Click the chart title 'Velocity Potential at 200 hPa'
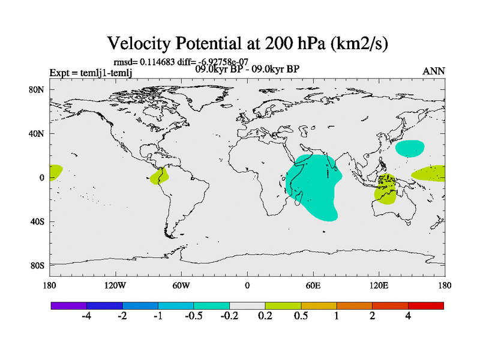tap(248, 43)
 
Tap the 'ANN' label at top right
tap(434, 71)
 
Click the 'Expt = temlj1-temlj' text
tap(91, 73)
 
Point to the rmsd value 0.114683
tap(159, 61)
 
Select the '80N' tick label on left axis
tap(38, 90)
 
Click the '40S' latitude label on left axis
tap(38, 221)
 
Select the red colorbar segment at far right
tap(425, 305)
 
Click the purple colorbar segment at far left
tap(69, 305)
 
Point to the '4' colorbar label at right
tap(408, 316)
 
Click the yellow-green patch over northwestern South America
tap(160, 176)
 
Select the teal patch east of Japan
tap(410, 148)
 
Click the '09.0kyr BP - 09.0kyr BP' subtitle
tap(248, 69)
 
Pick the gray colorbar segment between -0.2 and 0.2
tap(247, 305)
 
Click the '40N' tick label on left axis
tap(38, 134)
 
